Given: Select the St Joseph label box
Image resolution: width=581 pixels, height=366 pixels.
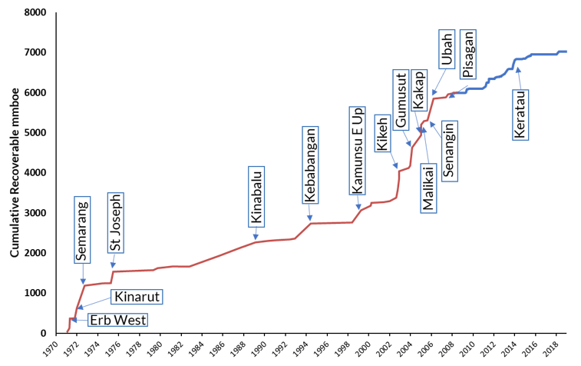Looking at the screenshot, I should click(x=115, y=223).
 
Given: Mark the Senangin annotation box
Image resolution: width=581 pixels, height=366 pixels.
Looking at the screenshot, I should click(x=447, y=153).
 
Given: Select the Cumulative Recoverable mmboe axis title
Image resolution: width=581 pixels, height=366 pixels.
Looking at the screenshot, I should click(x=15, y=172).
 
